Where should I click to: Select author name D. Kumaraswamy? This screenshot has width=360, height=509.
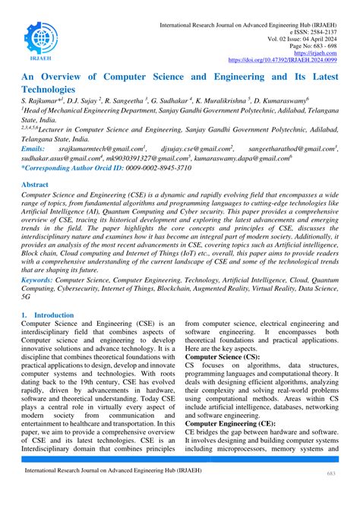coord(303,101)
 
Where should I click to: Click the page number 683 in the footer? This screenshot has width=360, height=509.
coord(331,495)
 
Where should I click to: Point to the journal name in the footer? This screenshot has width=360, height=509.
coord(108,493)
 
